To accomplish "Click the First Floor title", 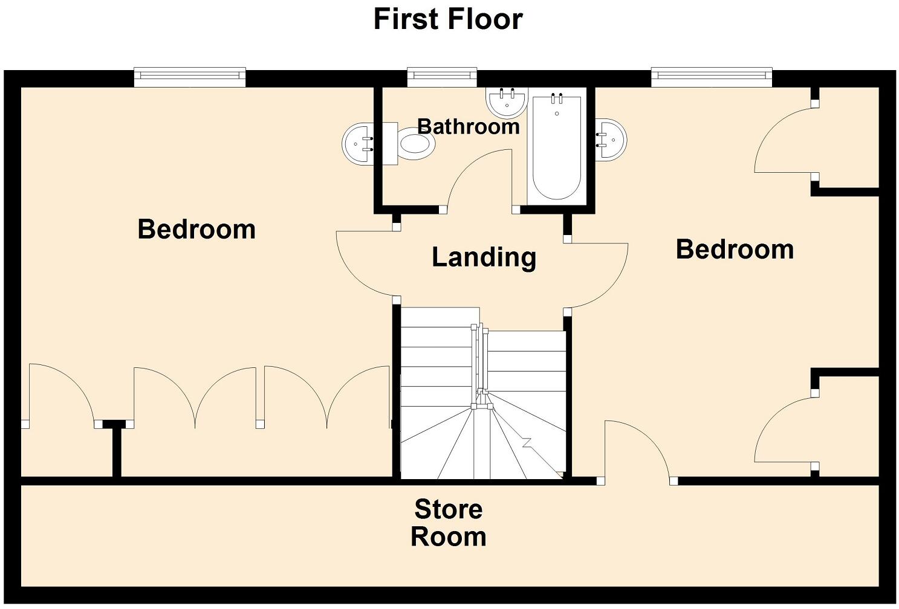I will (448, 19).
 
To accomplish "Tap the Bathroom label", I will (469, 126).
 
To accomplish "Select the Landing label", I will (484, 257).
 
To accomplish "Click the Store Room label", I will (448, 523).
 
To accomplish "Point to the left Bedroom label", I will (196, 230).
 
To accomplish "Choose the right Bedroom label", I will (735, 250).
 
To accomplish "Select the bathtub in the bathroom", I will (557, 148).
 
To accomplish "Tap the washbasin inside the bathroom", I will (507, 102).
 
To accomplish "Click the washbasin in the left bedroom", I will (360, 144).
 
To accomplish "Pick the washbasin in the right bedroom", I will (611, 140).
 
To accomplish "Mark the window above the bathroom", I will (442, 76).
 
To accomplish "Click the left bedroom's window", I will (190, 76).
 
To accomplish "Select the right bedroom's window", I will (712, 76).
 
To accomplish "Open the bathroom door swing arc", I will (478, 178).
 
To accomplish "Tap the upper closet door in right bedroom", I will (783, 139).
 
